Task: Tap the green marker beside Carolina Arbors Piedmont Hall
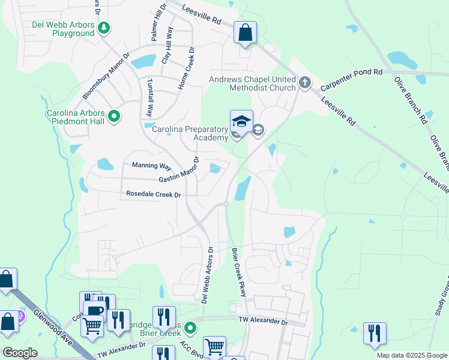113,117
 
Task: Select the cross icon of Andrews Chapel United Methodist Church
304,82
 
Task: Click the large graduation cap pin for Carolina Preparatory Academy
241,122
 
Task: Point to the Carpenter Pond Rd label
351,79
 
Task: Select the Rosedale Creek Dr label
154,194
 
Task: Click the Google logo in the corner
20,353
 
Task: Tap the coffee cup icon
94,311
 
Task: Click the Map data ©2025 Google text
411,355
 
